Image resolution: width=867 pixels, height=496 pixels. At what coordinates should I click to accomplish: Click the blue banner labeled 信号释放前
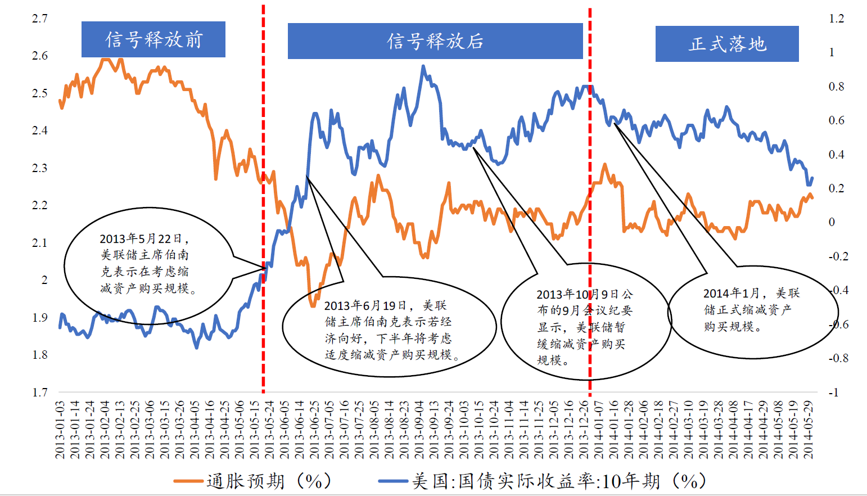tap(153, 39)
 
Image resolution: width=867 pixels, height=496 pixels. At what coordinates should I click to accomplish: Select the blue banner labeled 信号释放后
tap(435, 41)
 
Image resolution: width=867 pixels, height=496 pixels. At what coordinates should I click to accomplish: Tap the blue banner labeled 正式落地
tap(726, 44)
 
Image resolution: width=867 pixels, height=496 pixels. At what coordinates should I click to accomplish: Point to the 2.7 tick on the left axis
tap(39, 19)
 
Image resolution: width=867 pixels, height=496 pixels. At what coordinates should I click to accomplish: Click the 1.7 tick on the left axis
tap(39, 392)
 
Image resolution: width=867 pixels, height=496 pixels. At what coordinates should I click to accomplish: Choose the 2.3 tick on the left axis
tap(39, 168)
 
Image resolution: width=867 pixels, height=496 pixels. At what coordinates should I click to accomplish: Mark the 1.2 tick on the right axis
tap(836, 19)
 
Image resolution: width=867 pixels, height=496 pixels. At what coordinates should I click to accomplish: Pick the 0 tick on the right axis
tap(832, 222)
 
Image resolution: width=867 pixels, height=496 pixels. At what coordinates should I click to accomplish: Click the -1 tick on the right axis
tap(833, 392)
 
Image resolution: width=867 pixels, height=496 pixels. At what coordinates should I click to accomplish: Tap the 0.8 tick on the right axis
tap(836, 87)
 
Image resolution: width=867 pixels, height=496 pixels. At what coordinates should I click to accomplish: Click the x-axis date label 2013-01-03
tap(60, 430)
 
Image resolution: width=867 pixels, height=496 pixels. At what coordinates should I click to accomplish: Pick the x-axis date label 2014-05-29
tap(809, 430)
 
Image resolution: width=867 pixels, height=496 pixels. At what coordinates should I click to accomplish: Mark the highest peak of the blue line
tap(423, 66)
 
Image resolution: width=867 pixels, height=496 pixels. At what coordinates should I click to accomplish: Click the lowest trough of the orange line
tap(313, 306)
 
